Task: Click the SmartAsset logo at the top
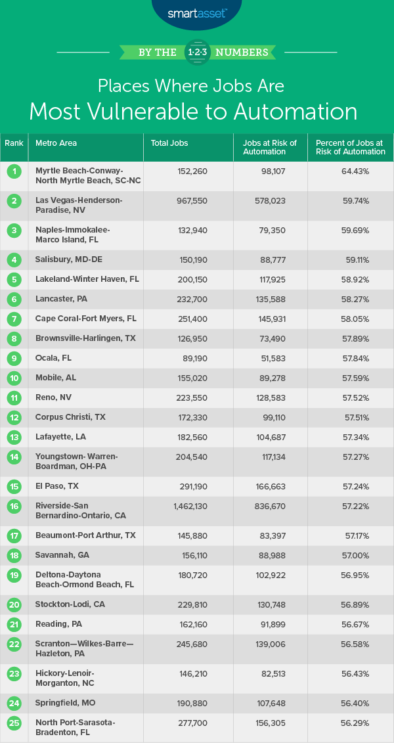click(x=196, y=12)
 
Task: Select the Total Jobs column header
click(x=169, y=143)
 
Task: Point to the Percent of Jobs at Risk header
click(x=351, y=147)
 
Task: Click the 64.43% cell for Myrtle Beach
click(x=355, y=171)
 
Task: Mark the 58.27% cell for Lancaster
click(x=355, y=299)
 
